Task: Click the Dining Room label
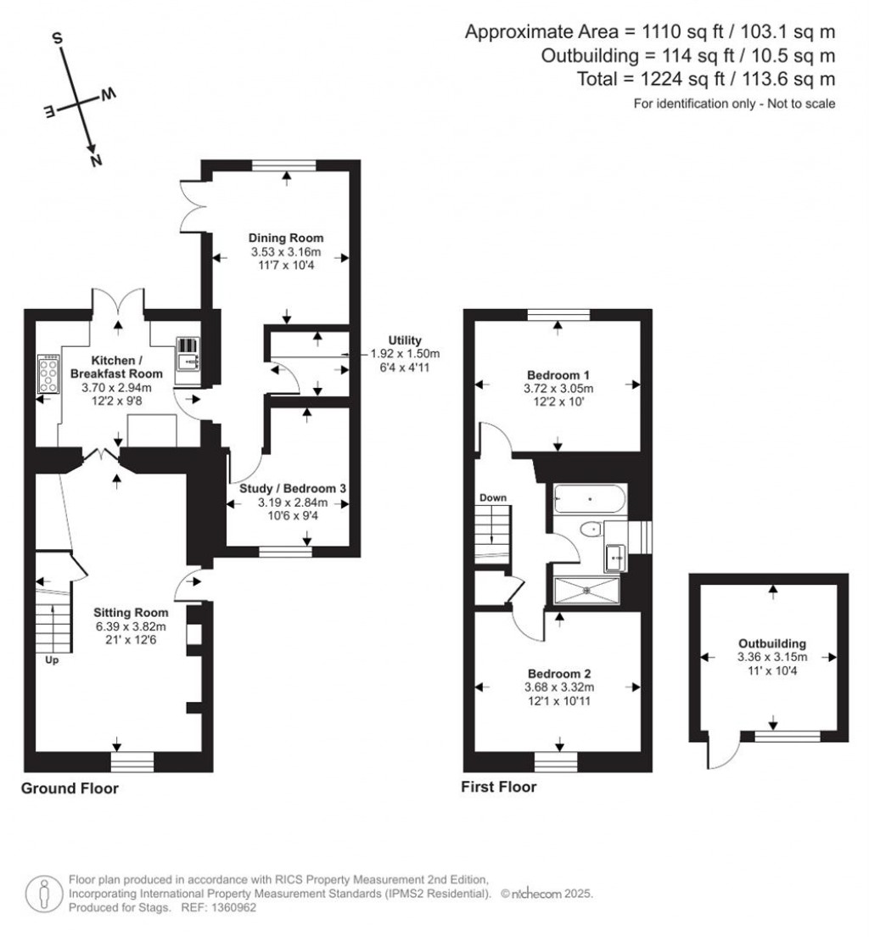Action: tap(286, 238)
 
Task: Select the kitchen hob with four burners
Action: tap(48, 374)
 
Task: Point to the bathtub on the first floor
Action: tap(590, 499)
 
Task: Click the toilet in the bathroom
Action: tap(591, 529)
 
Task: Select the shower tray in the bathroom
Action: tap(587, 591)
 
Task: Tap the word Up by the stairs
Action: tap(52, 660)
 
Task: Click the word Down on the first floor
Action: tap(493, 497)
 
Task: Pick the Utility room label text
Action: tap(405, 340)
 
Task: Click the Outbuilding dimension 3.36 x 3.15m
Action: tap(772, 657)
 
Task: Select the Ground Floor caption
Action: tap(70, 788)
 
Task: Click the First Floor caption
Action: tap(498, 787)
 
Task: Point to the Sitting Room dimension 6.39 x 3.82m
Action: tap(131, 627)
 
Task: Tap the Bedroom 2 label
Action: tap(559, 674)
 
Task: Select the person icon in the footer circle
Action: tap(43, 894)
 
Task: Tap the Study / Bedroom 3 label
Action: tap(292, 488)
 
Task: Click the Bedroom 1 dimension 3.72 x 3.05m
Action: tap(558, 389)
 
